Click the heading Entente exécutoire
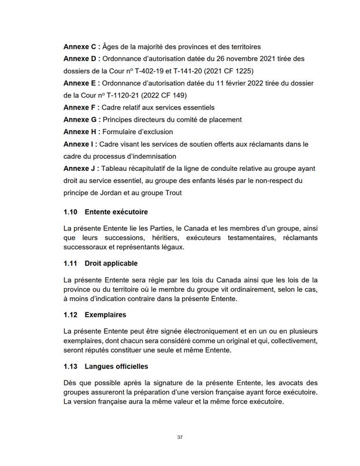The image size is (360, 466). (x=116, y=212)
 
